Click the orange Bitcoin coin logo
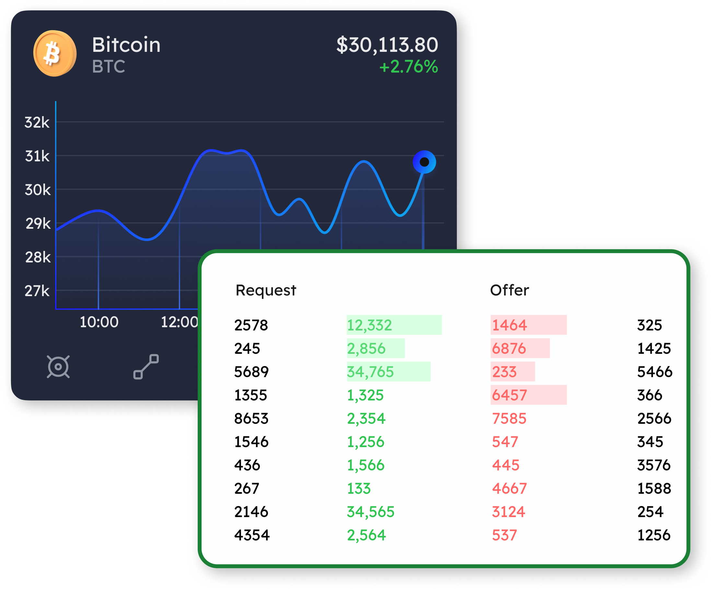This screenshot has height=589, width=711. tap(54, 53)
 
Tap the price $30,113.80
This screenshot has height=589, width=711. tap(387, 45)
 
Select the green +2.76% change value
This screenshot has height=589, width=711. tap(408, 67)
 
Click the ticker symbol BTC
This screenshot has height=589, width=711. tap(108, 67)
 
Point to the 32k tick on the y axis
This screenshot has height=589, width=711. tap(37, 122)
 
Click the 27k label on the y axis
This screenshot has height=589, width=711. tap(37, 291)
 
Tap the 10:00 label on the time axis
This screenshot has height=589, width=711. tap(99, 322)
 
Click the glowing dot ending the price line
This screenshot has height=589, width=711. tap(424, 162)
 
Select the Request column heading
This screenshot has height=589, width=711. tap(266, 290)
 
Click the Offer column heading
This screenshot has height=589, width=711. tap(509, 290)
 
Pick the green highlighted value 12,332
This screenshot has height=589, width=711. tap(369, 325)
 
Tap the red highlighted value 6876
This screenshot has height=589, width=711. tap(509, 348)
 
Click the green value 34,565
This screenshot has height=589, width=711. tap(371, 512)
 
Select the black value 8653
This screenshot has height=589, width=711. tap(251, 418)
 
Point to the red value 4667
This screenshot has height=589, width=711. tap(509, 489)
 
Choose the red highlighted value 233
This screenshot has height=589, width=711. tap(504, 372)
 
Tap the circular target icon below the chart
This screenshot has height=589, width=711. tap(58, 367)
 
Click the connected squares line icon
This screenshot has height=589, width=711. tap(146, 367)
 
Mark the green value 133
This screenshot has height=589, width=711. tap(359, 489)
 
